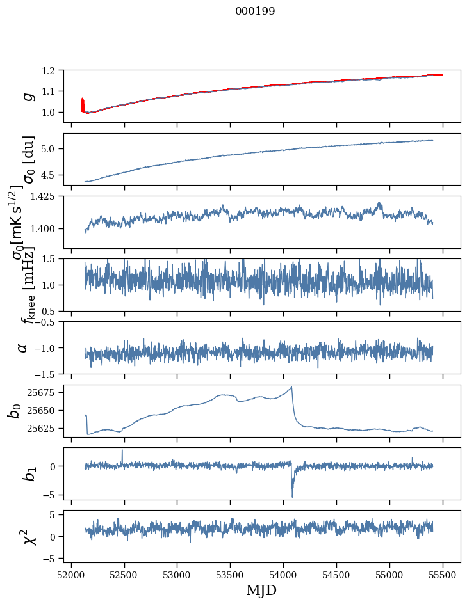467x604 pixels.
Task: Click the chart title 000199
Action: [255, 12]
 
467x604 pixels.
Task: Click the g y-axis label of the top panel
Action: [28, 95]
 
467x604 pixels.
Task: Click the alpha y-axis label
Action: [23, 347]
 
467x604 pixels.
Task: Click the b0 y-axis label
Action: [15, 410]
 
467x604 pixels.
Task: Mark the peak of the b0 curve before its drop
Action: [291, 387]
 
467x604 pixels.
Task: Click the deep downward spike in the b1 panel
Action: [292, 496]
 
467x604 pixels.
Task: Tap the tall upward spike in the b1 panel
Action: [122, 450]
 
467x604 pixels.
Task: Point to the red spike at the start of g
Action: [83, 102]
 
